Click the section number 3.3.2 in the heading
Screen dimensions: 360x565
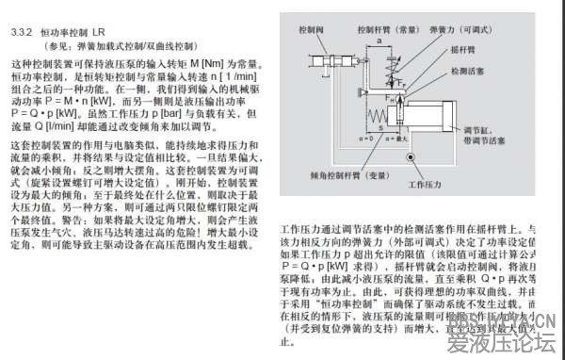[x=22, y=32]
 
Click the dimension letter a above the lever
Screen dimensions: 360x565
[x=379, y=41]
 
